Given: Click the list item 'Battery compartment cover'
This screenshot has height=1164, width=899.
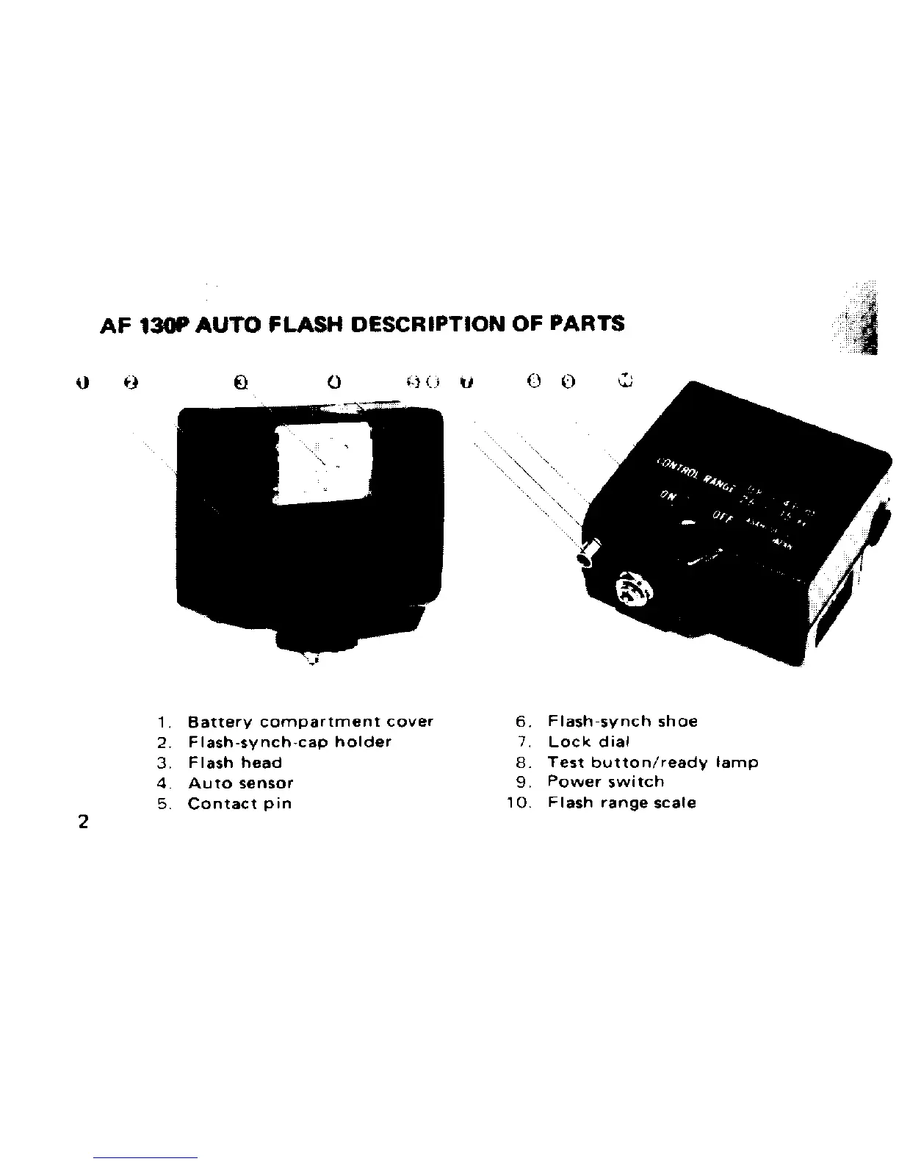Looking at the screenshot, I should pos(311,722).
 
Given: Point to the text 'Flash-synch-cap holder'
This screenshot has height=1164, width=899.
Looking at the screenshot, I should pos(290,742).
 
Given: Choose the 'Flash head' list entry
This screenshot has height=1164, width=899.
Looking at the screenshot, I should pos(235,763).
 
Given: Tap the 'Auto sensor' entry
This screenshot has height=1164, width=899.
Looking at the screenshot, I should pos(241,783).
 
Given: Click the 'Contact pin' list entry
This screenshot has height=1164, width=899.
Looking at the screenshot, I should pos(239,803).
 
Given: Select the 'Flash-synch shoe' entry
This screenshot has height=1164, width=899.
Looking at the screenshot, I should pos(623,722).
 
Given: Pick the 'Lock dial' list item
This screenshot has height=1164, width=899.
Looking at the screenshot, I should pos(589,742).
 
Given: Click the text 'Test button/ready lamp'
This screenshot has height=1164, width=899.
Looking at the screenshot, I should pos(653,763).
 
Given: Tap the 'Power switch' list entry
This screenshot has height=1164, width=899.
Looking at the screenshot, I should pos(606,783).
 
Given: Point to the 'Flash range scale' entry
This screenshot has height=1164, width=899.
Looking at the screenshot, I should pos(622,803).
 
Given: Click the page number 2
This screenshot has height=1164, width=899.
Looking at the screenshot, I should pos(83,822).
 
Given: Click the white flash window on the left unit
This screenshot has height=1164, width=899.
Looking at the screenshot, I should pos(323,459).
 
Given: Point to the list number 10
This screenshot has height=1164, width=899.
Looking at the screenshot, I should pos(518,803).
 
